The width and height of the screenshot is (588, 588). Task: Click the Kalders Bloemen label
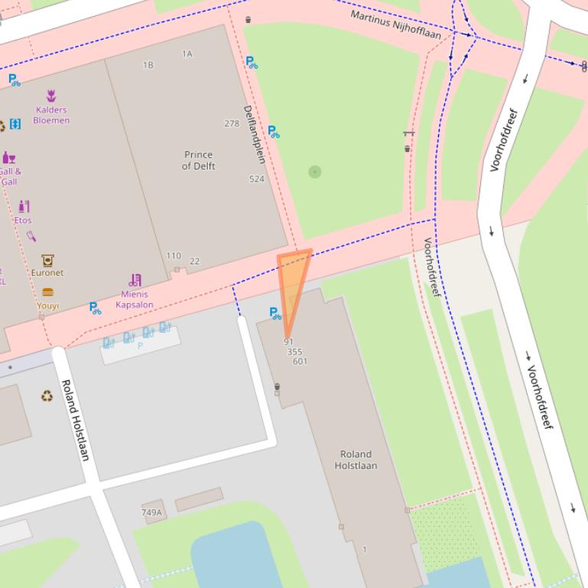pos(51,115)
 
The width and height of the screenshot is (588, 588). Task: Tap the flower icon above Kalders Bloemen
pos(51,96)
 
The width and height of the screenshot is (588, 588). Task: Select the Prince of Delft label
pos(198,160)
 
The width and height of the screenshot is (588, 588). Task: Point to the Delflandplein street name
pos(254,134)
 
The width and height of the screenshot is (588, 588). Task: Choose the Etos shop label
pos(23,221)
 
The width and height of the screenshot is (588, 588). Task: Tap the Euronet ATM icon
pos(47,260)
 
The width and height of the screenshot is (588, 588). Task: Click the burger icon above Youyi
pos(47,292)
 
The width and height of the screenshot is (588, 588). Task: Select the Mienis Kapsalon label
pos(134,299)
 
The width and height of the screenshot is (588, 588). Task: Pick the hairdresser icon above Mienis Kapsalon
pos(135,280)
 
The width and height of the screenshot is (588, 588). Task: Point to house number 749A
pos(151,512)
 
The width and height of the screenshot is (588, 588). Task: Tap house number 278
pos(232,124)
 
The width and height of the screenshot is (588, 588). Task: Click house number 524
pos(256,179)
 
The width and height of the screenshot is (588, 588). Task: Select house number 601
pos(300,361)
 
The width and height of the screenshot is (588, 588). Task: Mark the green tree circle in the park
pos(314,172)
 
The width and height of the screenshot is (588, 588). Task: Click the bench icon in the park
pos(408,134)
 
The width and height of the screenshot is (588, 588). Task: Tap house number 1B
pos(148,66)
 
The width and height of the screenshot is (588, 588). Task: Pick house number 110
pos(174,257)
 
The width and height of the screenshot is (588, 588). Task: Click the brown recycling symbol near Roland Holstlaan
pos(47,396)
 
